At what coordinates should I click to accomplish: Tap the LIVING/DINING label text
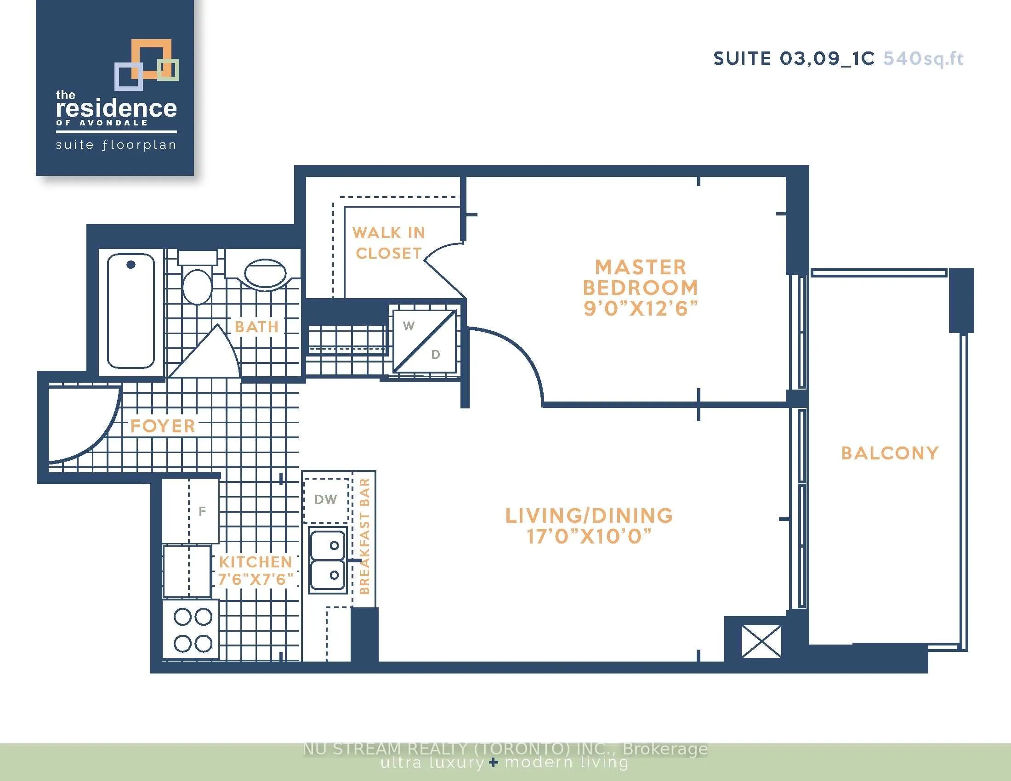tap(589, 515)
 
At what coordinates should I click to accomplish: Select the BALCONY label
tap(890, 453)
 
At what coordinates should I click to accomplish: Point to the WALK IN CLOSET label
tap(388, 243)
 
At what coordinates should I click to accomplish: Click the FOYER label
tap(163, 426)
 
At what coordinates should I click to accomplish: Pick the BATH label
tap(257, 327)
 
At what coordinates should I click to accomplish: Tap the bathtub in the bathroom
tap(131, 311)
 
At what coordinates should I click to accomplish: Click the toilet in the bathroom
tap(197, 277)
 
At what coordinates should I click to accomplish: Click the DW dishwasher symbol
tap(326, 500)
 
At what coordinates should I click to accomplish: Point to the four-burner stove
tap(191, 629)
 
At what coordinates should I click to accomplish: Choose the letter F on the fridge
tap(202, 511)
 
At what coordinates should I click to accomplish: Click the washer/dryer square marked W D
tap(425, 340)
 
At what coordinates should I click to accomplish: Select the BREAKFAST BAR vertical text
tap(365, 536)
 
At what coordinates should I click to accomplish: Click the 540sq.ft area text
tap(924, 59)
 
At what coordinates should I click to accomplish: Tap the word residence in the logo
tap(116, 108)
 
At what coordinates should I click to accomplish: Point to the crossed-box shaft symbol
tap(761, 641)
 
